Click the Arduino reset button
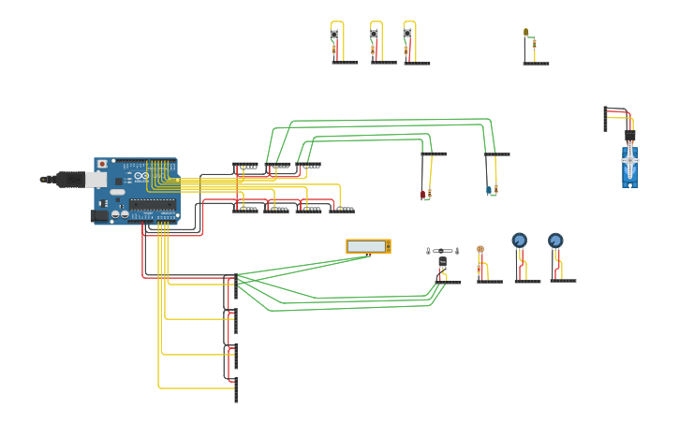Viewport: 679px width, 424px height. pos(102,164)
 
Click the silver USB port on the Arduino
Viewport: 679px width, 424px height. pos(96,179)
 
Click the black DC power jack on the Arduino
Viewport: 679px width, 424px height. pos(98,216)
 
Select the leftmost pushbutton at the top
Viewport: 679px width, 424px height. pos(333,35)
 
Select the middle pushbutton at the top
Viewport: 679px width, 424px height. pos(374,35)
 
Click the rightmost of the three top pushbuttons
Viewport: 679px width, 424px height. pos(407,34)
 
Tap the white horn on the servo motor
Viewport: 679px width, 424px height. pos(630,160)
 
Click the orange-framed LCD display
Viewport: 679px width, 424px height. pos(368,246)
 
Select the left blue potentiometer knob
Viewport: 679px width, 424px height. pos(520,240)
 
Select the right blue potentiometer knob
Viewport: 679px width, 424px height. pos(555,240)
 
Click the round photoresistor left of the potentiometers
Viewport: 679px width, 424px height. pos(480,250)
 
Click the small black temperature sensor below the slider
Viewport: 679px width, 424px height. pos(442,262)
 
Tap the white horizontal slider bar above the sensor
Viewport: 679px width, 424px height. pos(443,251)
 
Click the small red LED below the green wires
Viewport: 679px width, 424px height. pos(423,194)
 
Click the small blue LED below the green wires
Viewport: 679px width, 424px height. pos(489,190)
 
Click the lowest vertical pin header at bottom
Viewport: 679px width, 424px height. pos(236,389)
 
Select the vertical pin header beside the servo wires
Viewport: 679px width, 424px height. pos(605,119)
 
